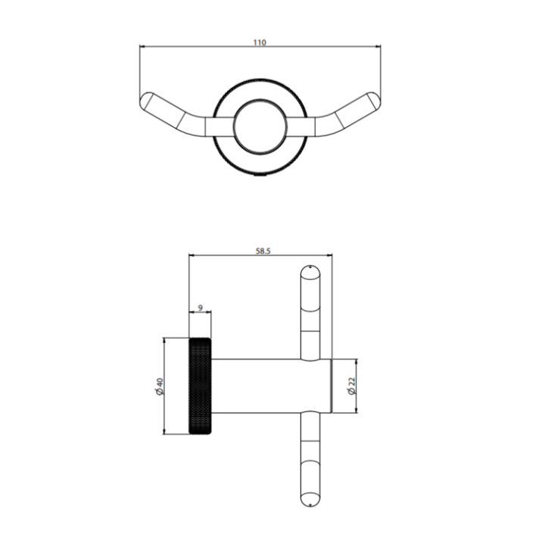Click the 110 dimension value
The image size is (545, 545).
click(x=260, y=43)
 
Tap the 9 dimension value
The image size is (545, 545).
click(x=200, y=307)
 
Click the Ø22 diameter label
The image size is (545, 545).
click(x=350, y=386)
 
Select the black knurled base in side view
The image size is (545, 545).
click(x=200, y=386)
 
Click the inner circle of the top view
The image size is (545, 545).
click(x=260, y=126)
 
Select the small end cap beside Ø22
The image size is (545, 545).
click(x=332, y=386)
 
